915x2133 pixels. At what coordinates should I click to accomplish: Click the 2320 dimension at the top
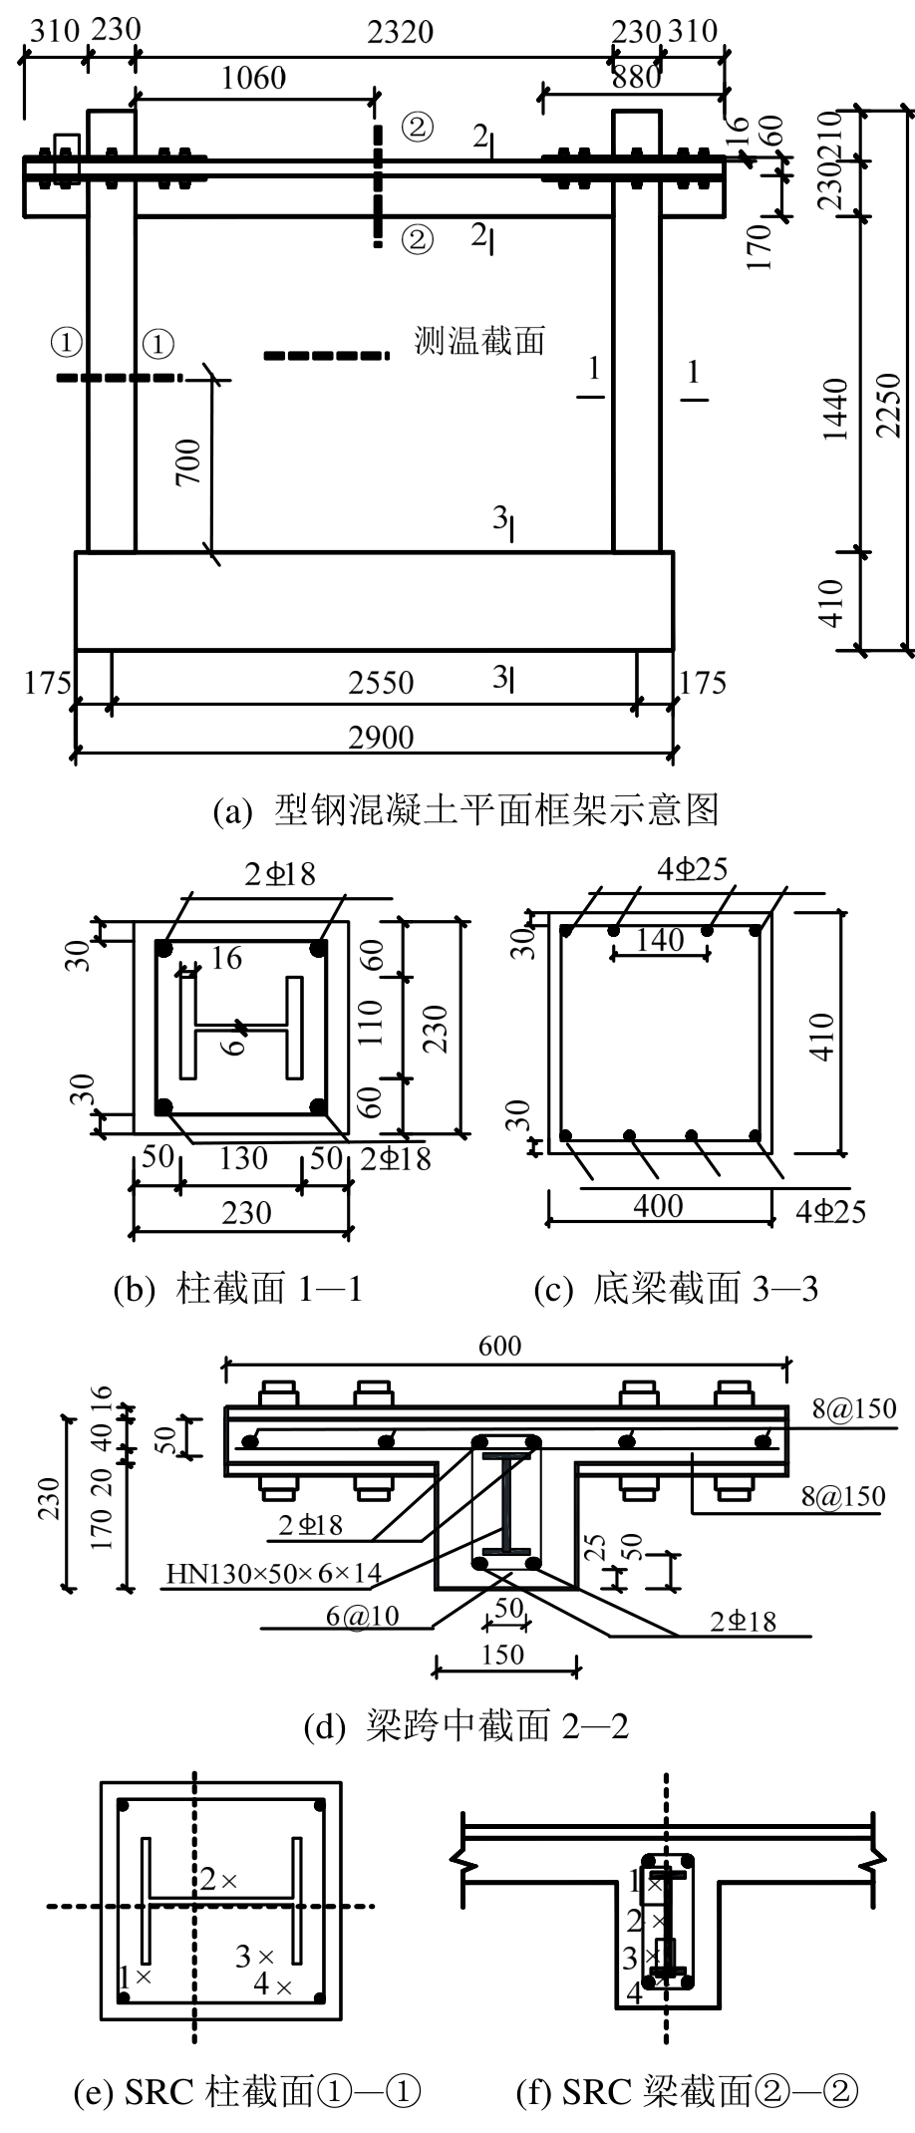(400, 32)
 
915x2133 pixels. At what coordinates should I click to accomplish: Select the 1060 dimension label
(253, 77)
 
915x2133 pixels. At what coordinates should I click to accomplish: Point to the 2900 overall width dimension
(381, 738)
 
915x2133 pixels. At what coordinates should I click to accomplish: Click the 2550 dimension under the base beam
(381, 683)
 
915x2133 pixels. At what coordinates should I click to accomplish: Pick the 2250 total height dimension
(890, 404)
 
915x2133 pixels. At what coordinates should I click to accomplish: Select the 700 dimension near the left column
(188, 461)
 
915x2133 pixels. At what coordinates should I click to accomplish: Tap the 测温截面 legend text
(480, 341)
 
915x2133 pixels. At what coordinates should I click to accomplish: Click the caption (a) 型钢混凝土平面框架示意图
(466, 810)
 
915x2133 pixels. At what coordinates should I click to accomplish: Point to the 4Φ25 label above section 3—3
(692, 870)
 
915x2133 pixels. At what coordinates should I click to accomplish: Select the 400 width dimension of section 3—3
(659, 1206)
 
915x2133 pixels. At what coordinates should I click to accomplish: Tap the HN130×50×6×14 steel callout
(274, 1574)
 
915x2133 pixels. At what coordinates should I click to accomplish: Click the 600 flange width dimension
(498, 1346)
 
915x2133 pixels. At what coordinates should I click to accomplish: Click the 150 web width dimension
(502, 1655)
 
